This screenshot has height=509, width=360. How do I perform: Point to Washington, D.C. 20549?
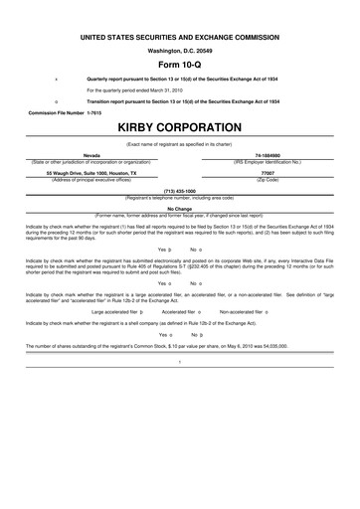click(x=180, y=49)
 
